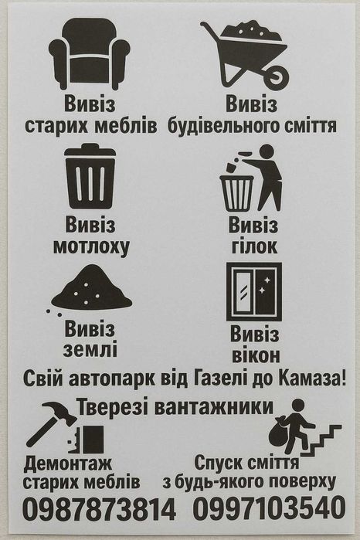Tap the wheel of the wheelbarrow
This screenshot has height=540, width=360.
[x=277, y=76]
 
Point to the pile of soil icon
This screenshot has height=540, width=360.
[x=91, y=289]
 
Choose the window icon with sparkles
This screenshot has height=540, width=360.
[x=253, y=291]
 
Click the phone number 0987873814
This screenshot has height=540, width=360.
[x=99, y=509]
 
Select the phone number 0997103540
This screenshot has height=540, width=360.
[x=269, y=509]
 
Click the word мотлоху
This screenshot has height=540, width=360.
[x=90, y=247]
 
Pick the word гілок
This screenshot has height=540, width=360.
[x=253, y=247]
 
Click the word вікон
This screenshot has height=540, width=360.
[x=255, y=356]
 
